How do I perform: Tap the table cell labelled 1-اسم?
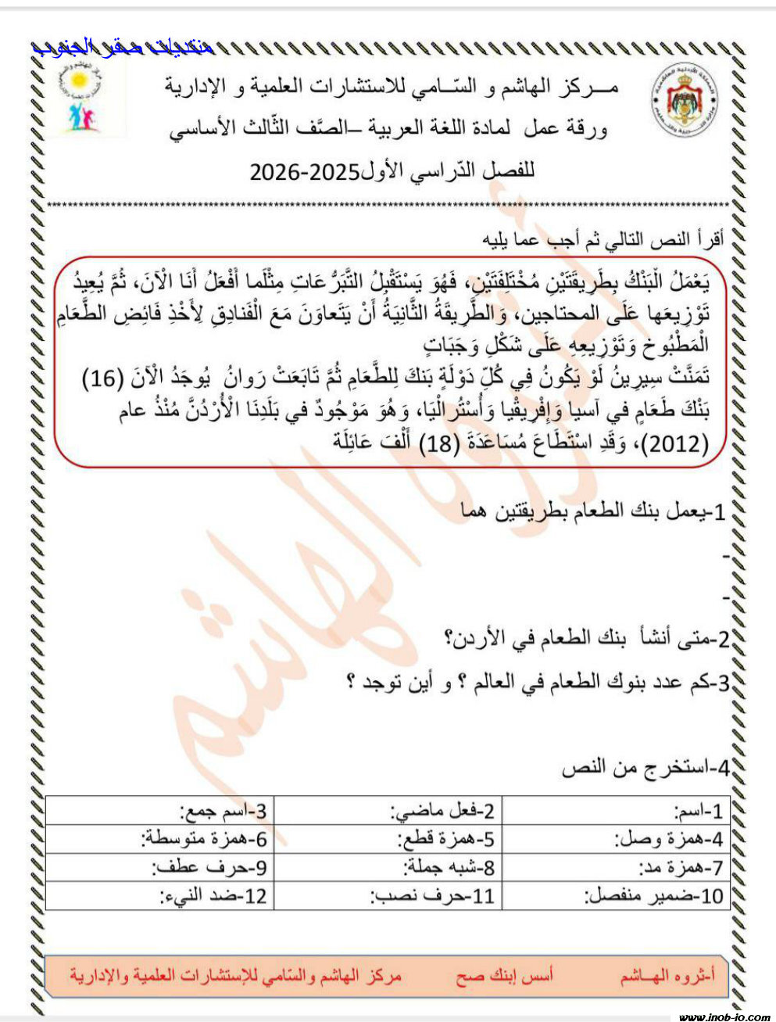pos(615,810)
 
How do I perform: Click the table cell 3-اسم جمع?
pos(160,810)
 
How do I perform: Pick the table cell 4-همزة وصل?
pos(615,840)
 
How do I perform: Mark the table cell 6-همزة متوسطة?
pos(160,840)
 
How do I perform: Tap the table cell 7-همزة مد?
pos(615,867)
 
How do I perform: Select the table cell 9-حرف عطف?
pos(160,867)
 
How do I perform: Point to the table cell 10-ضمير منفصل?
pos(615,895)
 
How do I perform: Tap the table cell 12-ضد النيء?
pos(160,895)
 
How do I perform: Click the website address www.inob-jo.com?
pos(724,1016)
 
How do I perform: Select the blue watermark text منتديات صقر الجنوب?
pos(123,47)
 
